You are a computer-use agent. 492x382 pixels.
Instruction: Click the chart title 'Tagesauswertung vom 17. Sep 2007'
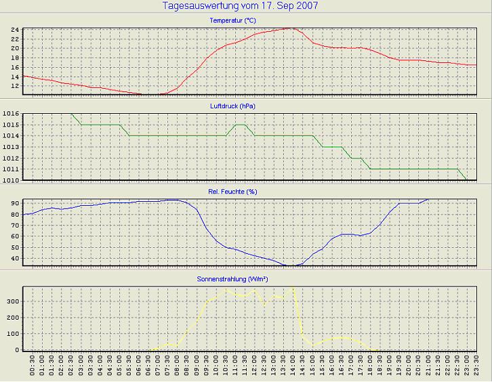click(x=241, y=6)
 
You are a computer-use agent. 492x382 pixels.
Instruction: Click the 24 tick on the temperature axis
click(x=15, y=30)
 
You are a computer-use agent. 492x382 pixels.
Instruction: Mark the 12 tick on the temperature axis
click(x=15, y=86)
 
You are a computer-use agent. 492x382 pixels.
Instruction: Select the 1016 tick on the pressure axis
click(x=11, y=114)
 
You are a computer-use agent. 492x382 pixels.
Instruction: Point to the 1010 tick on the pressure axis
click(x=11, y=179)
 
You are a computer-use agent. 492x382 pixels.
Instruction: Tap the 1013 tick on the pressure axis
click(x=11, y=147)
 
